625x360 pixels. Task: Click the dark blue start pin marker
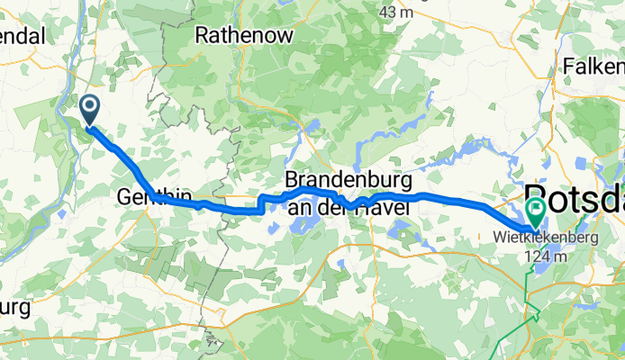pos(91,110)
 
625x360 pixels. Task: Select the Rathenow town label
pos(235,36)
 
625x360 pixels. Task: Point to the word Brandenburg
pos(348,178)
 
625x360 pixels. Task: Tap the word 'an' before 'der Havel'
pos(300,207)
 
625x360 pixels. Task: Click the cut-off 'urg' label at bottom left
pos(15,307)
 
